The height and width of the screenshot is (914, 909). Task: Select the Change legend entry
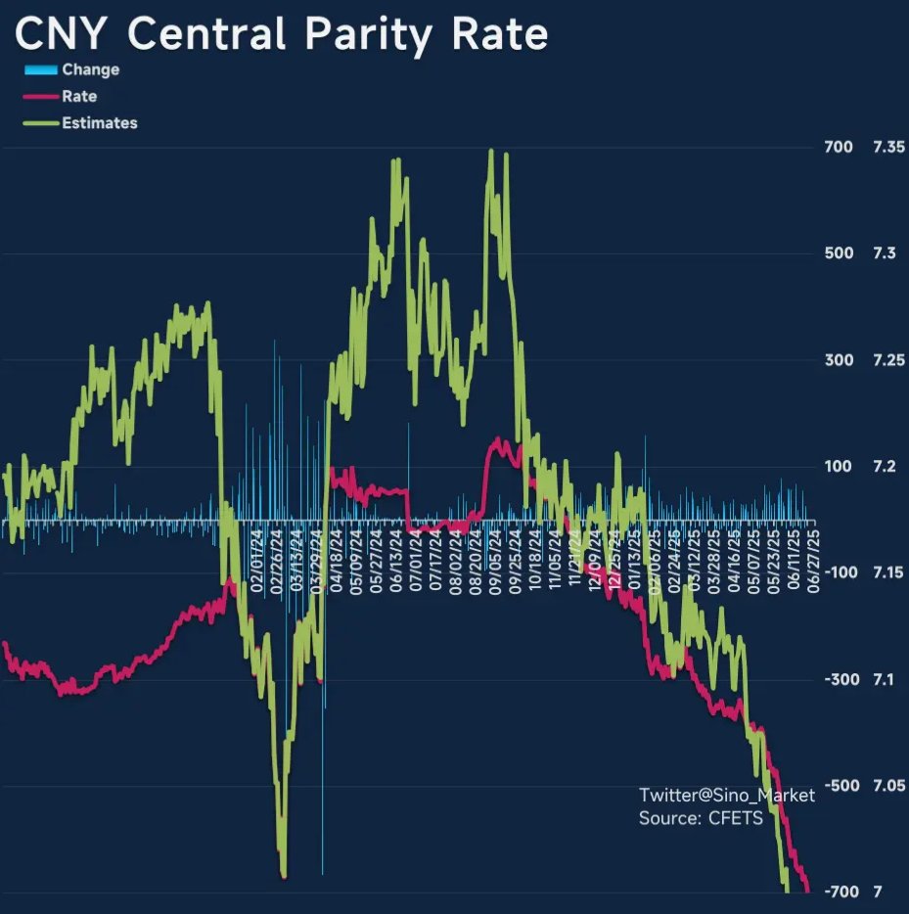90,69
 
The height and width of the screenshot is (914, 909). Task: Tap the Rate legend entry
78,96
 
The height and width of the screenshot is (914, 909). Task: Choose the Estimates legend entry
99,123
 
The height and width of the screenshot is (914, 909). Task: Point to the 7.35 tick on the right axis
889,148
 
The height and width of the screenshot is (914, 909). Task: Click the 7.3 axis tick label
885,253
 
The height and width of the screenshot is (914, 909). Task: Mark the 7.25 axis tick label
889,360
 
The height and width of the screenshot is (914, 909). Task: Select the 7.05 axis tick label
889,786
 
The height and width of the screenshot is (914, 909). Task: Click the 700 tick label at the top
840,148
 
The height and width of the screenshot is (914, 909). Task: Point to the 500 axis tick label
840,253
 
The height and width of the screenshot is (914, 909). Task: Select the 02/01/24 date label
257,558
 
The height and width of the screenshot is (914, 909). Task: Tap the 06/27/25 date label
812,558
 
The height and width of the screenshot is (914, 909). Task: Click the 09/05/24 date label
495,558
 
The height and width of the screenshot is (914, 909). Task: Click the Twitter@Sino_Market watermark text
726,795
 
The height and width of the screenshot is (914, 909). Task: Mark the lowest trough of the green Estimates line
283,874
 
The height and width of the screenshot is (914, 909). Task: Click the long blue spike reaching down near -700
323,861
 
